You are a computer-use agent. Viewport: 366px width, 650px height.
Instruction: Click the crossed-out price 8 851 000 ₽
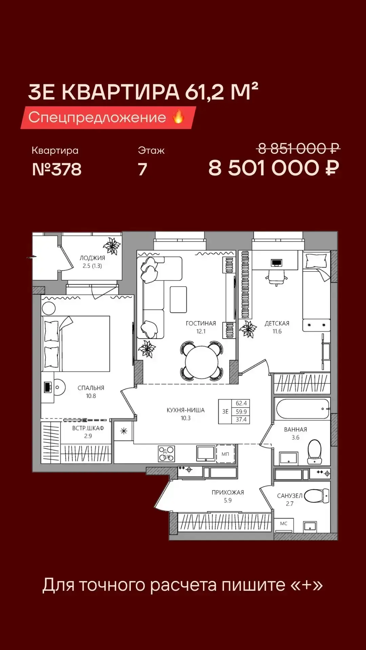(299, 148)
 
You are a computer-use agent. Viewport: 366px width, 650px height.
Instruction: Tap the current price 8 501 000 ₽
(274, 168)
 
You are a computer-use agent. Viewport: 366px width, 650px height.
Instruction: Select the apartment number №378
(57, 169)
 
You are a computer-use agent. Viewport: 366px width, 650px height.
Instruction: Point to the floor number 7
(143, 169)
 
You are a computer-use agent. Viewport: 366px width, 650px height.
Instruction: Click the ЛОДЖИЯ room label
(92, 258)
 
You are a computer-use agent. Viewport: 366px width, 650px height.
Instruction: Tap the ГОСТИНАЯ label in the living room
(201, 323)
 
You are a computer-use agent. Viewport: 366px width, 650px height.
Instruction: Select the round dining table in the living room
(202, 362)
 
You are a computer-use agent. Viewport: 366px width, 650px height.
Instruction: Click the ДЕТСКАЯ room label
(277, 323)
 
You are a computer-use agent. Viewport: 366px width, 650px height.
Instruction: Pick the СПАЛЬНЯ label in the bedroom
(91, 388)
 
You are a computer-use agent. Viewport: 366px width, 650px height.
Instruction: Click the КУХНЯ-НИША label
(185, 410)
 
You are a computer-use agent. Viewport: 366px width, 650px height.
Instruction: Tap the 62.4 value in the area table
(241, 403)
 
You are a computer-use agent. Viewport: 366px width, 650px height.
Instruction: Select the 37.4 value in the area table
(241, 419)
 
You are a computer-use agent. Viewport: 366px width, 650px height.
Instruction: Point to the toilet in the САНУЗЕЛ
(317, 496)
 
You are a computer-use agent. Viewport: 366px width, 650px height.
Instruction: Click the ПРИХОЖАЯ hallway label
(228, 493)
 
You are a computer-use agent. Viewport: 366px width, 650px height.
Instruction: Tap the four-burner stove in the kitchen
(166, 454)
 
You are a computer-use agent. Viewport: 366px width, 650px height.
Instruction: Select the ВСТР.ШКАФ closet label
(88, 428)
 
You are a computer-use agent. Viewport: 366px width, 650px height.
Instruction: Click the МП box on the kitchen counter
(225, 454)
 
